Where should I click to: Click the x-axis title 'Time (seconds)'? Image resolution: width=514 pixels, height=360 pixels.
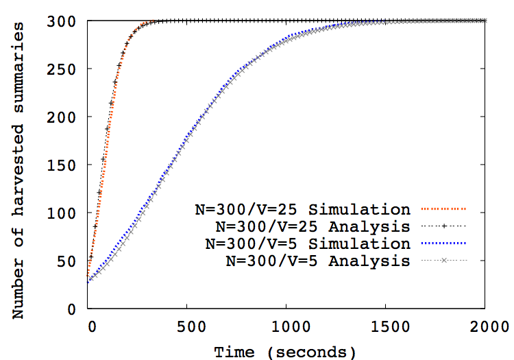tap(285, 352)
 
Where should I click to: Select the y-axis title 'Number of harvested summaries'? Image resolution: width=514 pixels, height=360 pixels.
tap(21, 170)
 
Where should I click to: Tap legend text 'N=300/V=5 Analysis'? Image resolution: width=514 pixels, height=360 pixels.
tap(318, 260)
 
